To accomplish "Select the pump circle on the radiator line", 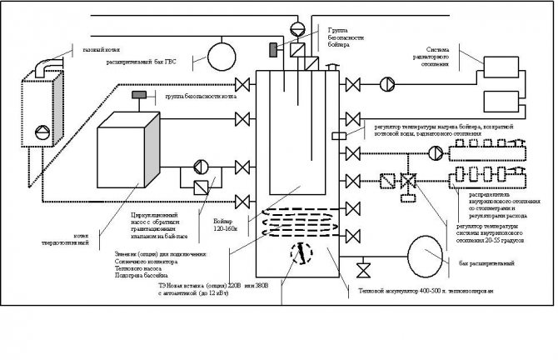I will coord(387,83).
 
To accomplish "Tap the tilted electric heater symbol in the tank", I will coord(296,253).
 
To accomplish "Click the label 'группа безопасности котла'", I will coord(199,97).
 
